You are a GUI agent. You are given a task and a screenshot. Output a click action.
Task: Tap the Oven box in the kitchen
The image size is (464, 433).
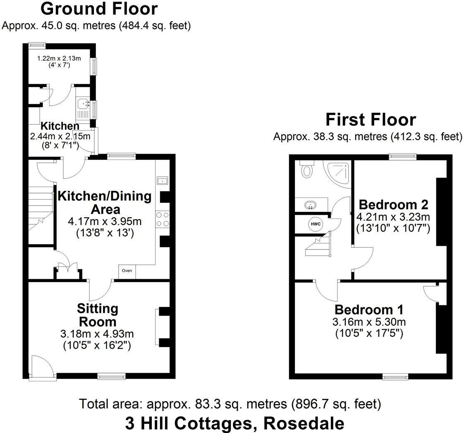point(127,271)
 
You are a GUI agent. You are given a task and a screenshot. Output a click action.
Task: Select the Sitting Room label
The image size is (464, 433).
point(98,315)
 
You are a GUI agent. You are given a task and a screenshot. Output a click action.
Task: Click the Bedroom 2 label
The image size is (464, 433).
point(393,205)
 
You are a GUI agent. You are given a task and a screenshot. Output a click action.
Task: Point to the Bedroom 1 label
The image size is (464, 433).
point(369,310)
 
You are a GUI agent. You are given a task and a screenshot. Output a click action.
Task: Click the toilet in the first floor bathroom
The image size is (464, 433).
point(306,169)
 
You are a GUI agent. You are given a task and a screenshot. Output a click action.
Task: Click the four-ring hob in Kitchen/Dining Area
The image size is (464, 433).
point(163,219)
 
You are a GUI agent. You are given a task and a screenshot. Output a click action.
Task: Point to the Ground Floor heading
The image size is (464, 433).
point(99,9)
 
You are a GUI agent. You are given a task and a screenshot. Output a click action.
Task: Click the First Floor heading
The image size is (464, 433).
point(370,120)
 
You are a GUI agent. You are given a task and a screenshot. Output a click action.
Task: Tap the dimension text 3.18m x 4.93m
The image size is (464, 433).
point(98,334)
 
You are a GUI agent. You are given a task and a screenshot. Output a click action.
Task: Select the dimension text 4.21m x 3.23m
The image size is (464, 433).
point(393,217)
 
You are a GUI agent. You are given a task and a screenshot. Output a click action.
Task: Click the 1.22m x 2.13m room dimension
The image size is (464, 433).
point(59,59)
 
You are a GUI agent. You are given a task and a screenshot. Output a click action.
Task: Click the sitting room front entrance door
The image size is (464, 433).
point(43,366)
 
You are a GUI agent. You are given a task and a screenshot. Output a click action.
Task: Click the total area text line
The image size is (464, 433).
point(230,404)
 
